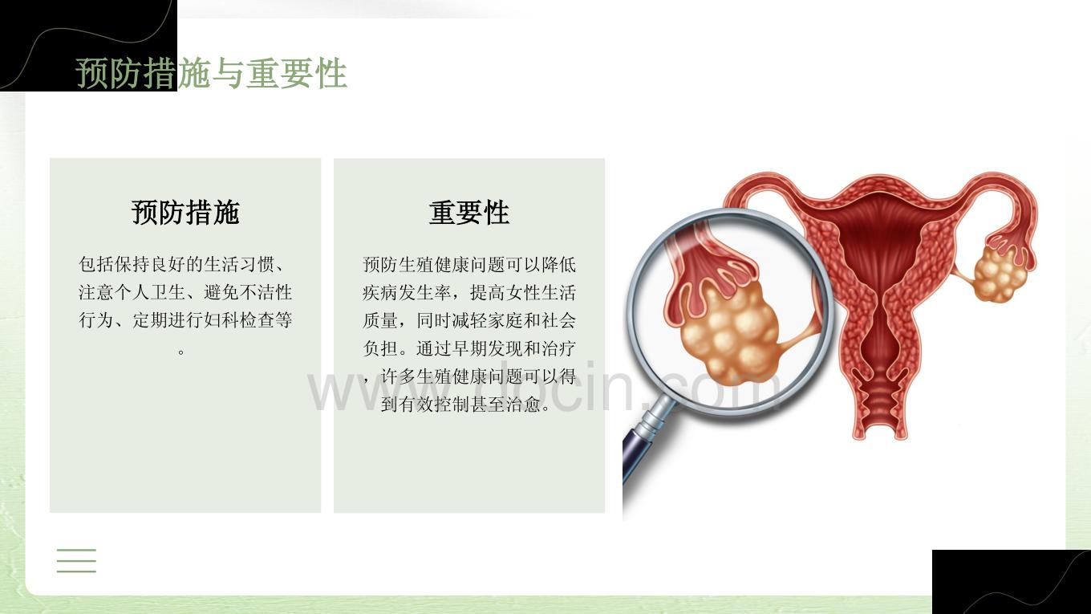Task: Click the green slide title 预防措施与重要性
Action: [x=211, y=73]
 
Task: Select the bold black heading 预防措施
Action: [x=185, y=213]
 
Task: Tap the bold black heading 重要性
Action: [x=469, y=213]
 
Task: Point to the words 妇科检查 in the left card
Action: [x=239, y=320]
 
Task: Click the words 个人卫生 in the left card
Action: [x=150, y=292]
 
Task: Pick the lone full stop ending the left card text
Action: [x=181, y=351]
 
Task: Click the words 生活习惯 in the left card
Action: [x=239, y=265]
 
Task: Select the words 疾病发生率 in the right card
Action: [x=406, y=293]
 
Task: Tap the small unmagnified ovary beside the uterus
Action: [x=1000, y=274]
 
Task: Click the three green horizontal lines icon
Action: [x=76, y=560]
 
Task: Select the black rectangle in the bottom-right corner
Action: [x=1011, y=582]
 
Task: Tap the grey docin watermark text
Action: [x=543, y=388]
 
